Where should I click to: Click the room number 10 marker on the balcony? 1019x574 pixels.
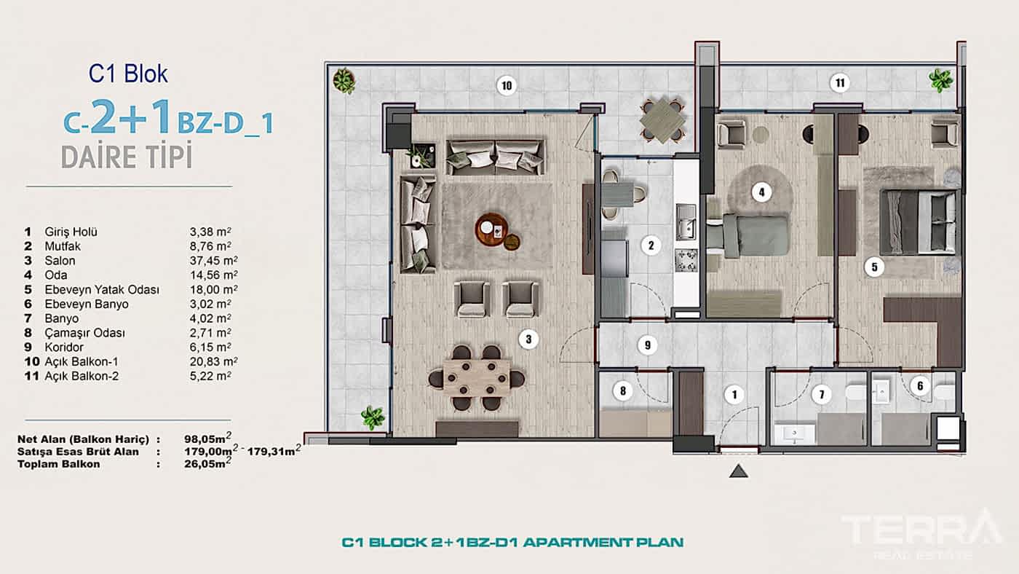507,85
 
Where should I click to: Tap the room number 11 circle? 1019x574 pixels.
839,83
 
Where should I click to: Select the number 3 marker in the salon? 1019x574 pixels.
529,339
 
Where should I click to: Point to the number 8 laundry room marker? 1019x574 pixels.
622,391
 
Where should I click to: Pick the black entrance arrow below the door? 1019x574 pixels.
739,471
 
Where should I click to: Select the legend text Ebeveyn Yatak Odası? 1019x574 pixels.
101,290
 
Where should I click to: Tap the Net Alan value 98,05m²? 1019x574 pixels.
208,439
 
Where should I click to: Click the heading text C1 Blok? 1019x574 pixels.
128,74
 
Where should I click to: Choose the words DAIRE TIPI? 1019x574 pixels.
127,157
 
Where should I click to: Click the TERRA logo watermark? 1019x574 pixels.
921,529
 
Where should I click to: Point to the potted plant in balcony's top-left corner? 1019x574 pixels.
344,80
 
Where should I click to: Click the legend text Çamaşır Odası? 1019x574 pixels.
84,333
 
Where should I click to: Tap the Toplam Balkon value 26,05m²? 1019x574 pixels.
208,463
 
